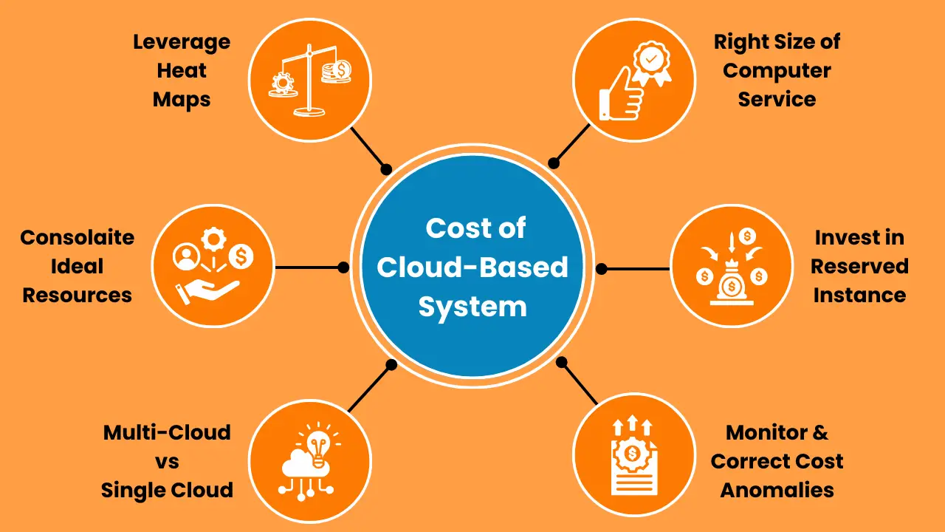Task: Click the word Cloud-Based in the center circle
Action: [x=472, y=267]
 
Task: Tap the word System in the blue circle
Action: [x=472, y=306]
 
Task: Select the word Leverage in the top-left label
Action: [x=182, y=41]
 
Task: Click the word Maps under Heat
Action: [x=182, y=99]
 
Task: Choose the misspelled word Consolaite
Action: [x=78, y=238]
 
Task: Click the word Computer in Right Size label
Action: [x=777, y=71]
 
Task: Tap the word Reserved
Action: [x=859, y=266]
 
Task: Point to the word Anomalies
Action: [x=777, y=489]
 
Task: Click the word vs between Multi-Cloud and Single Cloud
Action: [x=168, y=461]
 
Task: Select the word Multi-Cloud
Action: [x=167, y=432]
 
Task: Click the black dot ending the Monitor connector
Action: [x=562, y=362]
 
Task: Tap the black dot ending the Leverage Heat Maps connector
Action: [x=386, y=169]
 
